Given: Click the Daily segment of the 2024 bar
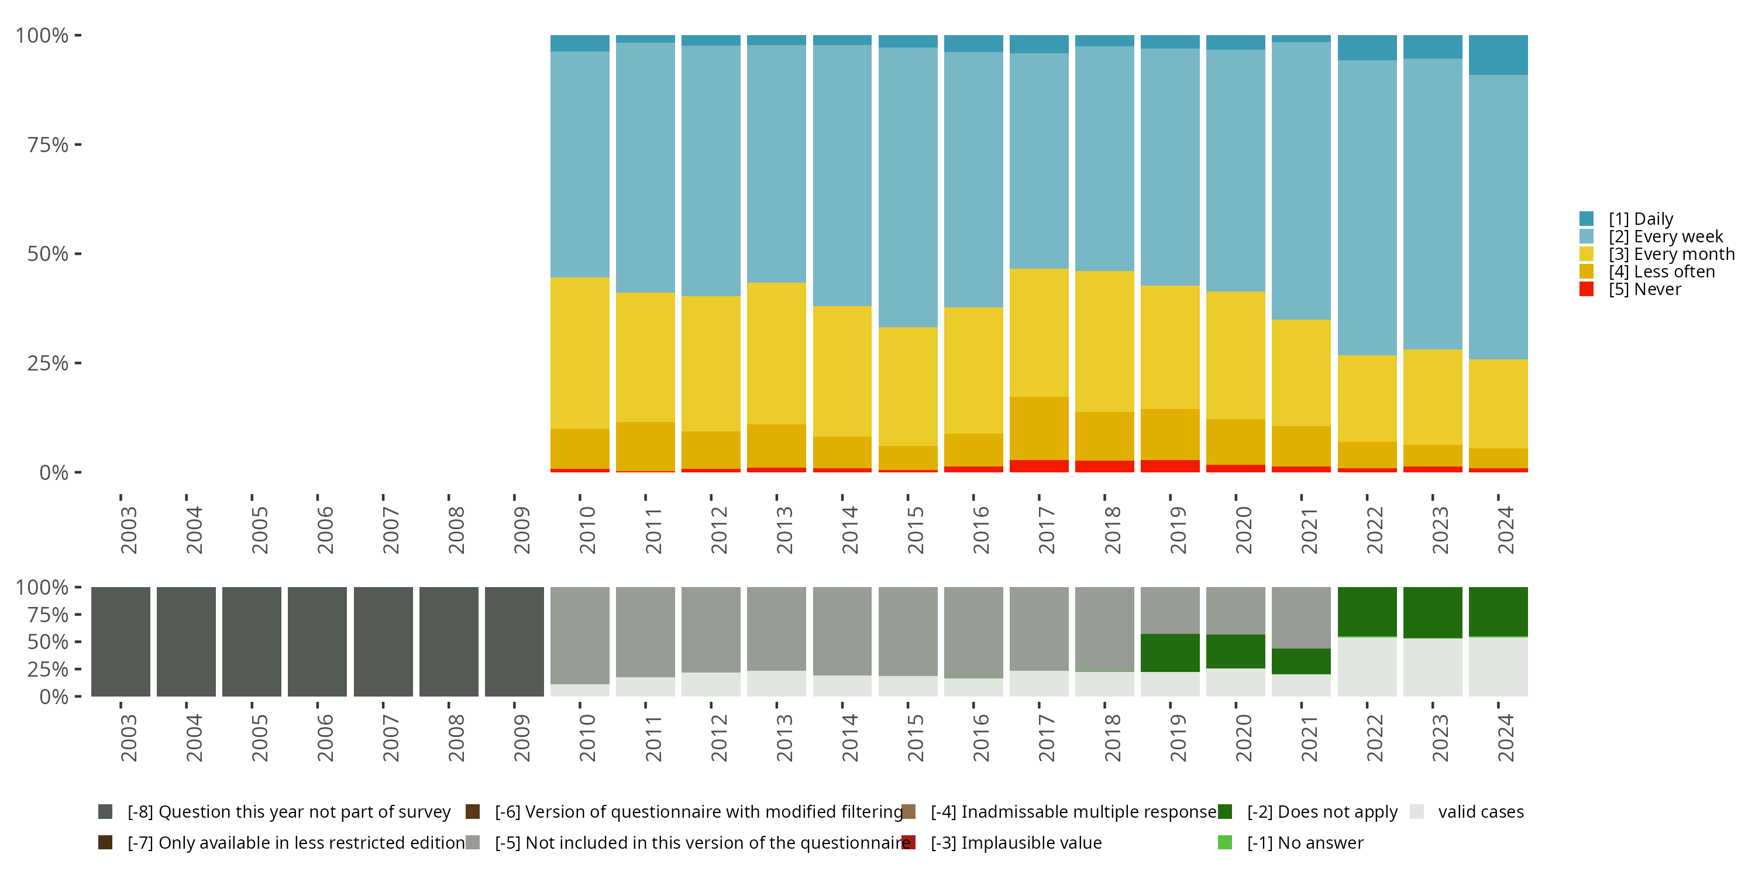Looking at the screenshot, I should (1498, 54).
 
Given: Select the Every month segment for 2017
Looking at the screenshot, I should (1039, 332).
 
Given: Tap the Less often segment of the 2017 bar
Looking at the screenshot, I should (1039, 428).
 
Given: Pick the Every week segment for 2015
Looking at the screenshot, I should (907, 187).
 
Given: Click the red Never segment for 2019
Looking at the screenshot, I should (1170, 467).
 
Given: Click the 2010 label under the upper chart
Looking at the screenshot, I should (587, 530).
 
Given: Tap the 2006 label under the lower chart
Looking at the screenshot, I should (325, 738).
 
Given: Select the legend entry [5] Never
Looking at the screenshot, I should (1644, 290).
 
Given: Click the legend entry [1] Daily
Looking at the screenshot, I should (1640, 219).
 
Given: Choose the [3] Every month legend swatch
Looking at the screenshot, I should (1587, 254).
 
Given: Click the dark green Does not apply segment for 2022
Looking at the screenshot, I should (1367, 612).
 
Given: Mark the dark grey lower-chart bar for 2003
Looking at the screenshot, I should (121, 642).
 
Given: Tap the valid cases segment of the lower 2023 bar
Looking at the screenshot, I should (1432, 667).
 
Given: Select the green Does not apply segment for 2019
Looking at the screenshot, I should (1170, 653).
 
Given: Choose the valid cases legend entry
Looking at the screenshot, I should (1481, 812).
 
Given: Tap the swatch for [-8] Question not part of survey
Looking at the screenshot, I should (105, 812).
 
